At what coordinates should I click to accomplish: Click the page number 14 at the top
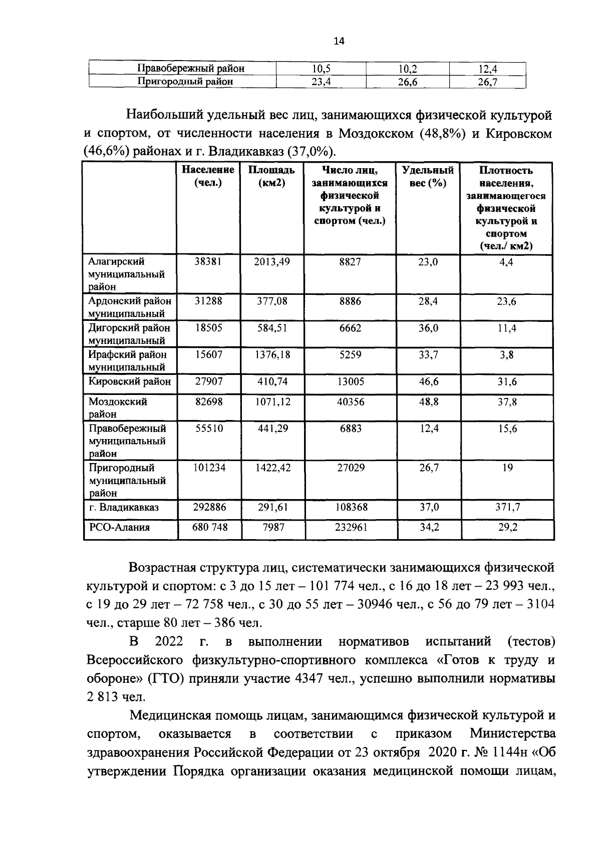click(x=339, y=42)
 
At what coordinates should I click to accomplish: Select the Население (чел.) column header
click(x=208, y=176)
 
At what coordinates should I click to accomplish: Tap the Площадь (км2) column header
click(x=271, y=176)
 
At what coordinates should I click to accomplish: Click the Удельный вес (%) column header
click(x=428, y=176)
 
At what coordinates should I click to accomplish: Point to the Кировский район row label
click(x=130, y=382)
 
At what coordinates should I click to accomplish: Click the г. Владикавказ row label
click(x=124, y=508)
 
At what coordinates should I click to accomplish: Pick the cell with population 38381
click(x=208, y=262)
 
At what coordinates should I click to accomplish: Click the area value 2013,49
click(x=272, y=262)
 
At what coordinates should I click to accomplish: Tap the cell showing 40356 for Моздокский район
click(x=351, y=402)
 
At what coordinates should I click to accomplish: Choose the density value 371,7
click(x=508, y=508)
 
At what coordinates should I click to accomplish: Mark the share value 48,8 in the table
click(x=429, y=402)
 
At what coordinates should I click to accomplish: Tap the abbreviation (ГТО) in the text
click(x=166, y=679)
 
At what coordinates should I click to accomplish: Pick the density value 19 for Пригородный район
click(x=507, y=468)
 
